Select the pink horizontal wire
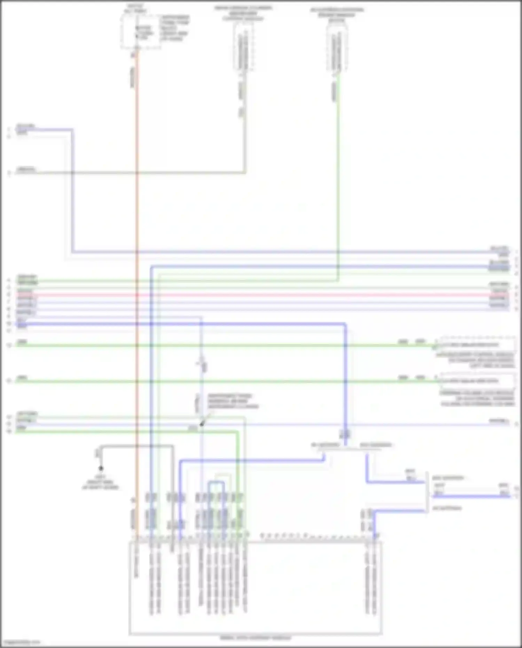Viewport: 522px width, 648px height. tap(261, 295)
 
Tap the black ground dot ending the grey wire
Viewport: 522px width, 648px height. tap(101, 468)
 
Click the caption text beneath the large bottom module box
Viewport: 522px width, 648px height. tap(255, 638)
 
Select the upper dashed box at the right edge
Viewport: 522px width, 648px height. tap(477, 345)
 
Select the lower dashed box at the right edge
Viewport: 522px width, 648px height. tap(477, 381)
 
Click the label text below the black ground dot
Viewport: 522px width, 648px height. tap(100, 482)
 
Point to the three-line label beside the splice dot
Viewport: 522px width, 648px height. tap(233, 401)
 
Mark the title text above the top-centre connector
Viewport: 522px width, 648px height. tap(243, 13)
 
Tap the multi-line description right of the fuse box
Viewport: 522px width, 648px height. tap(174, 28)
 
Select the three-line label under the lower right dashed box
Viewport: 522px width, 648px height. tap(477, 398)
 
